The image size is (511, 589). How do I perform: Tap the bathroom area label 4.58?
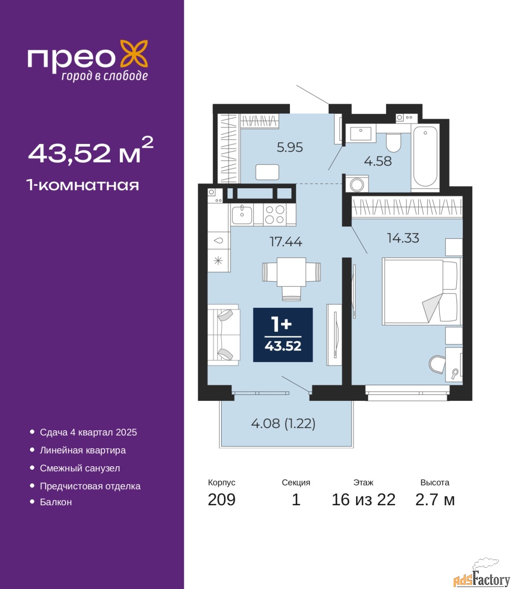pyautogui.click(x=378, y=161)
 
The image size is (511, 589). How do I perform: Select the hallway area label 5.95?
pyautogui.click(x=289, y=148)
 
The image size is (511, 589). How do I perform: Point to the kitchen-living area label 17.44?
pyautogui.click(x=286, y=242)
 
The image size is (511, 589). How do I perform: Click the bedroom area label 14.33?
pyautogui.click(x=403, y=238)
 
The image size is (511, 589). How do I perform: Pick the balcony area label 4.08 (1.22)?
pyautogui.click(x=283, y=423)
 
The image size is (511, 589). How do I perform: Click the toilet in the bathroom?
pyautogui.click(x=394, y=143)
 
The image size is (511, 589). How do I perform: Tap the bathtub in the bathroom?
pyautogui.click(x=425, y=157)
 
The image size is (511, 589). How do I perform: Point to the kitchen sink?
pyautogui.click(x=242, y=215)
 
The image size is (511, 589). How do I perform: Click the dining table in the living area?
pyautogui.click(x=291, y=272)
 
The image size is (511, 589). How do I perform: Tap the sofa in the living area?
pyautogui.click(x=223, y=335)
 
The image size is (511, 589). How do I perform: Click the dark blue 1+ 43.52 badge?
pyautogui.click(x=283, y=335)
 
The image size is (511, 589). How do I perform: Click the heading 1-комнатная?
pyautogui.click(x=82, y=185)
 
